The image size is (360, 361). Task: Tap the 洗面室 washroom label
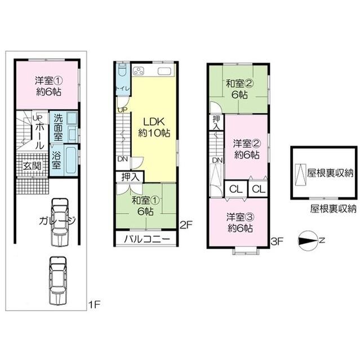[57, 127]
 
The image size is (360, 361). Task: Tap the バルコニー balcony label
[146, 239]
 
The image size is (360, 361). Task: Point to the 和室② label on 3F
[239, 89]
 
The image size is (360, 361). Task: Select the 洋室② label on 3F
[246, 148]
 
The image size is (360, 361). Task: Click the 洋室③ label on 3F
[239, 222]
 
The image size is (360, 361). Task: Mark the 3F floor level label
[276, 241]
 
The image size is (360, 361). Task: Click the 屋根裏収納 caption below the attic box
[333, 209]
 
